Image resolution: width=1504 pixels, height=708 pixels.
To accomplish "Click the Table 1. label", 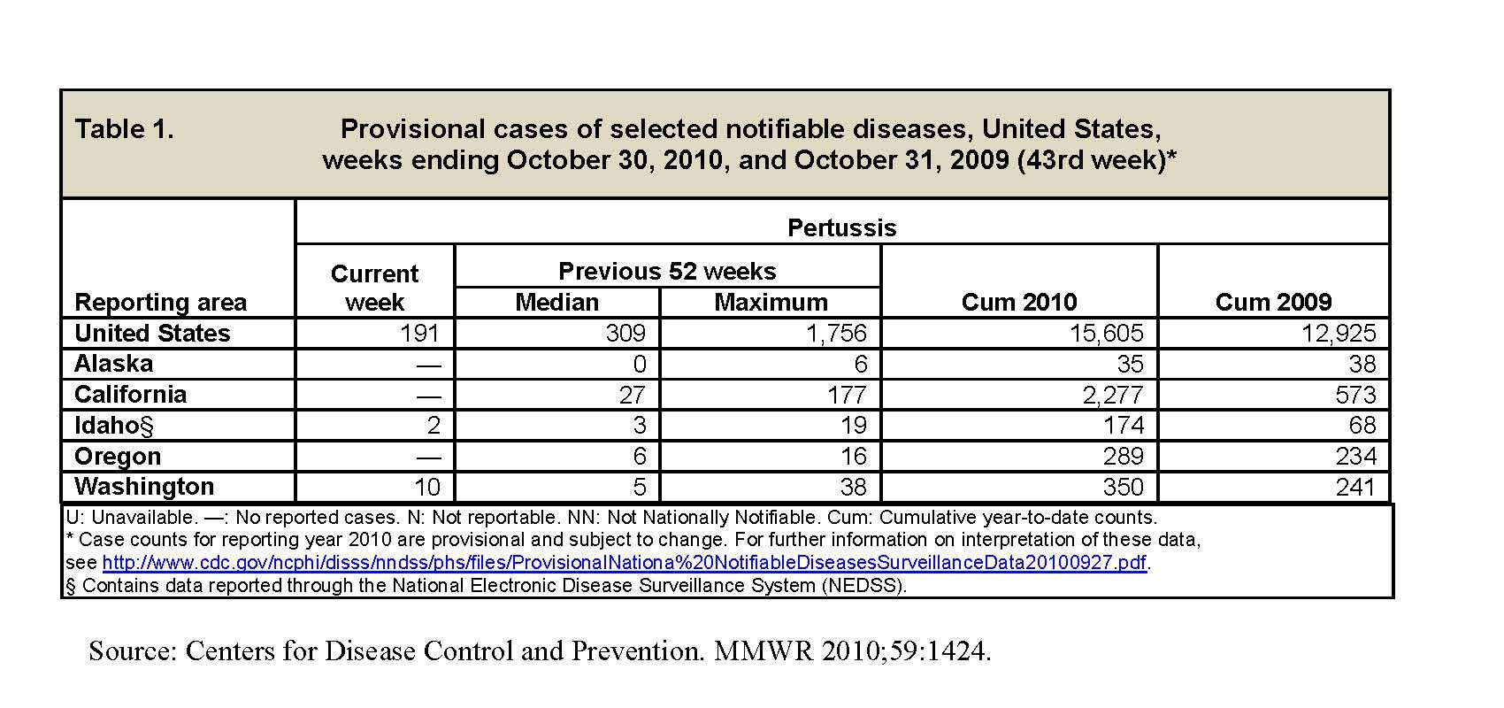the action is coord(124,129).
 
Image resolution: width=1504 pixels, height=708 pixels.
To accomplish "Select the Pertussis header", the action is coord(841,228).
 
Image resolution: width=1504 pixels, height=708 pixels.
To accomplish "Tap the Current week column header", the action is coord(374,289).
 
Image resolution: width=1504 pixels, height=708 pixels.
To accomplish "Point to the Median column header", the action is coord(556,303).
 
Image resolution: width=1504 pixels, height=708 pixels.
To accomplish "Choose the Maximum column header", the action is coord(771,303).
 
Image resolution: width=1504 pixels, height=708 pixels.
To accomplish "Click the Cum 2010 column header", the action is coord(1019,303).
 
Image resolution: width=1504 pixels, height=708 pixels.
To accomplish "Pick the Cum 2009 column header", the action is coord(1274,303).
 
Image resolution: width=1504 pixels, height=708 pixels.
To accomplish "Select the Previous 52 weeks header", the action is coord(667,272).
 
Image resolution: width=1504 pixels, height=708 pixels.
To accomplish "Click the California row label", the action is coord(130,395).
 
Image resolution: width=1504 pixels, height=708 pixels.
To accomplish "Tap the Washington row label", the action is coord(144,487).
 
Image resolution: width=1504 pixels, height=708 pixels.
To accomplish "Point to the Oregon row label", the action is coord(118,456).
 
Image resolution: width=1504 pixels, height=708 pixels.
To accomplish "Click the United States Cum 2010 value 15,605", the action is coord(1107,333).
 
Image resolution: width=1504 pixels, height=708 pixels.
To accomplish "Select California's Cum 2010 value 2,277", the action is coord(1113,395).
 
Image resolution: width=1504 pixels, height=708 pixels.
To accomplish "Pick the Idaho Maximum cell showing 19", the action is coord(854,425).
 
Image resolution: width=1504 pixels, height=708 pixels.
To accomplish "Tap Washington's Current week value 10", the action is coord(426,487).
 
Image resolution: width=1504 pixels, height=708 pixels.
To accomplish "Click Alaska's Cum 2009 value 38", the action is coord(1362,364).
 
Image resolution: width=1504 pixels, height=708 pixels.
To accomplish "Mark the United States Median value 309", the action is coord(625,333).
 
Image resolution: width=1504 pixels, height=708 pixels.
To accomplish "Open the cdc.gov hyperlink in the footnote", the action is coord(625,562).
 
